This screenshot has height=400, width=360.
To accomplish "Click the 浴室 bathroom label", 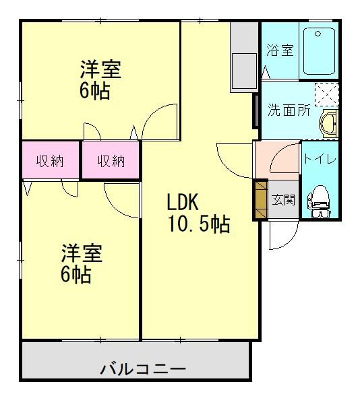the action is tap(280, 50).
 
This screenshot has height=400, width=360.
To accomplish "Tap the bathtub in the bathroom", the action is tap(319, 51).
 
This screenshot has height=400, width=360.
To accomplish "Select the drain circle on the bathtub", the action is tap(318, 34).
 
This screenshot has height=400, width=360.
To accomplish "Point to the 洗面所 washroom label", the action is tap(289, 110).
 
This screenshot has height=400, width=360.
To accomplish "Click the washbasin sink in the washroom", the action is tap(328, 124).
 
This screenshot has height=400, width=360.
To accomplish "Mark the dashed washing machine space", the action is tap(327, 95).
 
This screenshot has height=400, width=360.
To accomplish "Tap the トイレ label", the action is tap(320, 159).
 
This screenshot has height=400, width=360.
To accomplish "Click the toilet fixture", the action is tap(319, 201).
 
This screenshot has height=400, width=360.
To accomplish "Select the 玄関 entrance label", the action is tap(283, 200).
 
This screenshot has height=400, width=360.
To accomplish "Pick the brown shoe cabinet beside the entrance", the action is tap(261, 199).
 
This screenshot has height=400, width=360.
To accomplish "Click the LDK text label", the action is tap(183, 202).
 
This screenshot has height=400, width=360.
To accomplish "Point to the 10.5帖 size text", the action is tap(199, 224).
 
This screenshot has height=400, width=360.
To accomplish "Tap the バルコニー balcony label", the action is tap(143, 369).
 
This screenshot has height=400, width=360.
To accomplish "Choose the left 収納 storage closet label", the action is tap(50, 161).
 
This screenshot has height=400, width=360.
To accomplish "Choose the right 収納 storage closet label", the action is tap(111, 161).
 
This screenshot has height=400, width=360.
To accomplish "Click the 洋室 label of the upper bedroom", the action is tap(100, 69).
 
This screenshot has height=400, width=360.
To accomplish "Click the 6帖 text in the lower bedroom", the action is tap(76, 274).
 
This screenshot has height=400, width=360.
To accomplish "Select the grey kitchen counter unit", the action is tap(244, 57).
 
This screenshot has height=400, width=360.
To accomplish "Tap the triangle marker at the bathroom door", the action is tap(266, 72).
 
